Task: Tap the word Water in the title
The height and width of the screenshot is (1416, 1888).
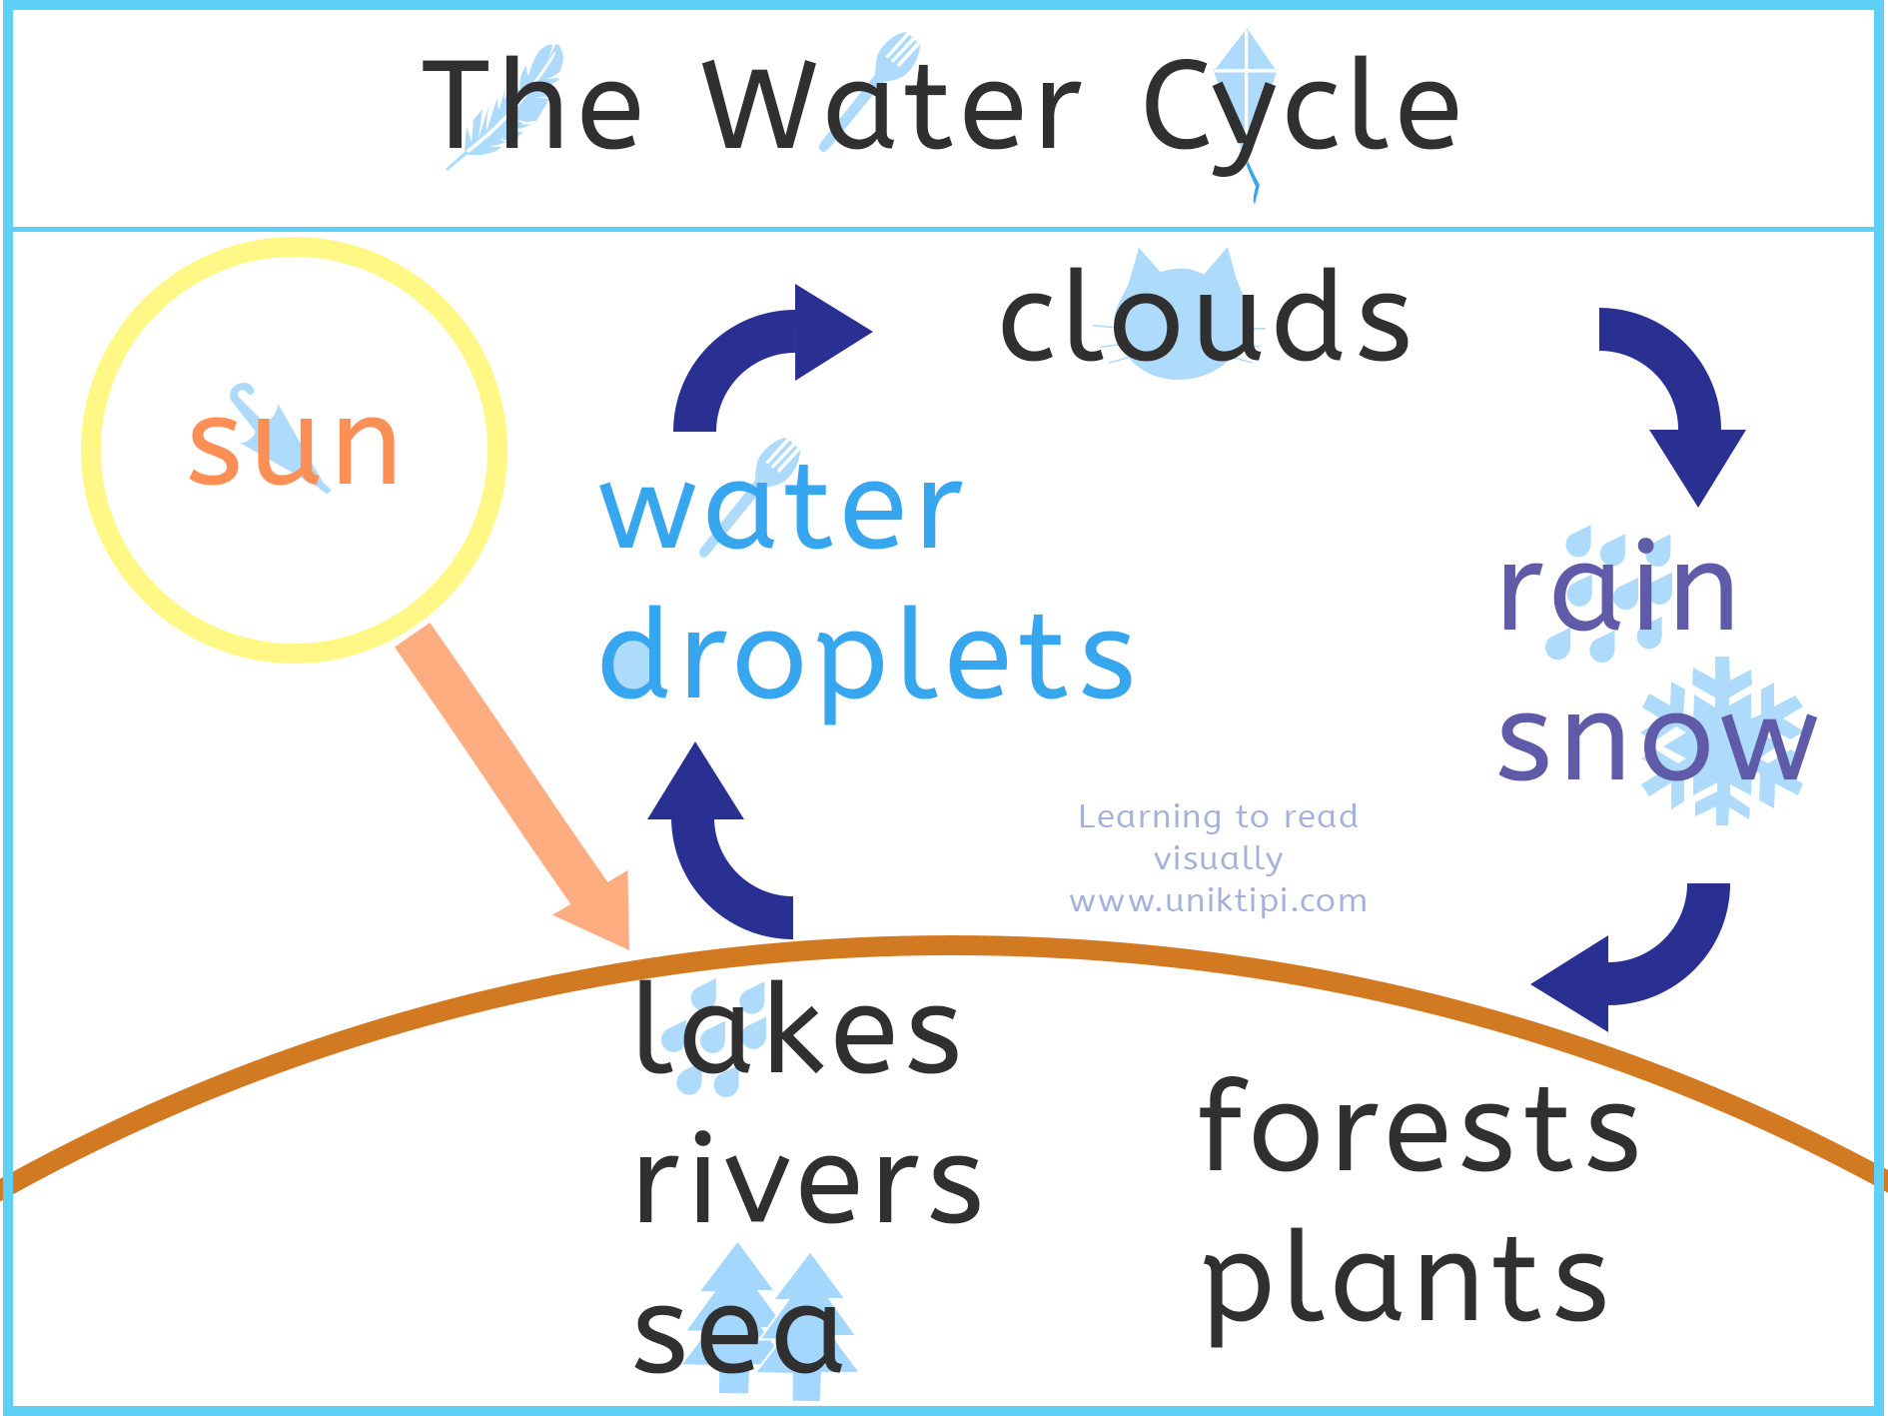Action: (x=892, y=106)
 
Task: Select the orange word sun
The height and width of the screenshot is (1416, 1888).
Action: (x=294, y=448)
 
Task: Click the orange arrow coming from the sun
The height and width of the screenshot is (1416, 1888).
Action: (x=512, y=785)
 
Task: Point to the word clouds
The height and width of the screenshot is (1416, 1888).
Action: (x=1206, y=316)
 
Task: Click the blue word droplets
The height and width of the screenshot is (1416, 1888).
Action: (x=867, y=661)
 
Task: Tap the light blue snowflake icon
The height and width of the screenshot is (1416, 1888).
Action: (x=1722, y=740)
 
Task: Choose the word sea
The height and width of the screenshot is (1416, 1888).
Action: (x=738, y=1333)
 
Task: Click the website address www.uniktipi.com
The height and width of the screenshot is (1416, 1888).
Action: (x=1218, y=900)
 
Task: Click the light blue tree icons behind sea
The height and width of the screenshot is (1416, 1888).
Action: (x=770, y=1320)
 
